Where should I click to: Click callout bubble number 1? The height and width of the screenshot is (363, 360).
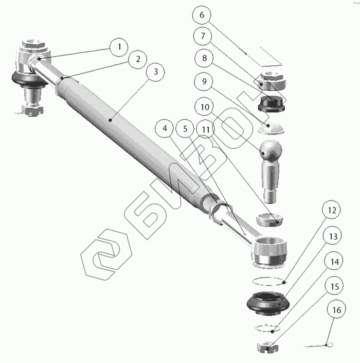coord(119,47)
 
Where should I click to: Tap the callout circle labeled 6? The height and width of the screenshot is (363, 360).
coord(202,15)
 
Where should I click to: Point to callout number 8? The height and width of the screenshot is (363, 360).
coord(204,58)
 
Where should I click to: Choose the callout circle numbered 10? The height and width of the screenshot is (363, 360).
coord(205,107)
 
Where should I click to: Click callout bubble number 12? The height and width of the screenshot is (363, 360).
coord(332,210)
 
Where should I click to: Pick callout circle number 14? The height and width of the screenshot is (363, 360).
coord(335,262)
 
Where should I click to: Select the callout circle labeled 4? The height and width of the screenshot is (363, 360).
coord(165,128)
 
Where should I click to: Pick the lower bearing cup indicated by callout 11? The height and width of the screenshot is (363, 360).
coord(270,219)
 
